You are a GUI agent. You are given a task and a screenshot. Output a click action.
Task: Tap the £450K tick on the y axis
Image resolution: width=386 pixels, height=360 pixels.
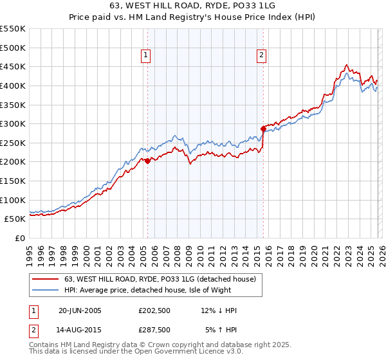(x=13, y=66)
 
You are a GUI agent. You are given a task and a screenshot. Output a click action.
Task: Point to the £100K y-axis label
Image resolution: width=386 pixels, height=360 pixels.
(x=13, y=200)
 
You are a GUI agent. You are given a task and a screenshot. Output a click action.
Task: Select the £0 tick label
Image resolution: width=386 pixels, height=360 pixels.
(x=20, y=238)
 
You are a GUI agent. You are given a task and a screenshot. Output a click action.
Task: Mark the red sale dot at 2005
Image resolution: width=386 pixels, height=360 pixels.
(x=147, y=161)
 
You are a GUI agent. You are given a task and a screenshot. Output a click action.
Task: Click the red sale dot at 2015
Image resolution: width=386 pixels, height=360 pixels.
(x=263, y=129)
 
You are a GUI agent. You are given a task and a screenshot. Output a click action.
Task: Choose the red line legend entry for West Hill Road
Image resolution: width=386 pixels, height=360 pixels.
(x=160, y=279)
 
